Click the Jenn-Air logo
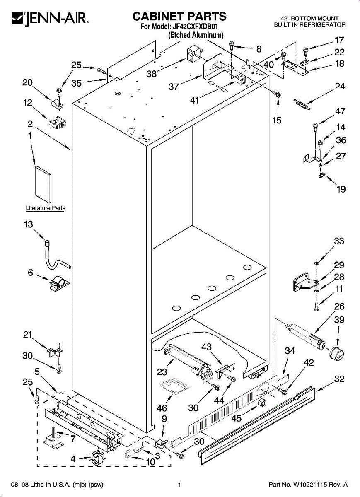click(49, 18)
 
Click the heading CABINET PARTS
click(179, 16)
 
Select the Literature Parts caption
click(45, 208)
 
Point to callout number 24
click(340, 87)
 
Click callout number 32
click(339, 379)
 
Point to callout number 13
click(28, 224)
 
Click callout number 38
click(152, 74)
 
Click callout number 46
click(162, 408)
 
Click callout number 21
click(28, 335)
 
